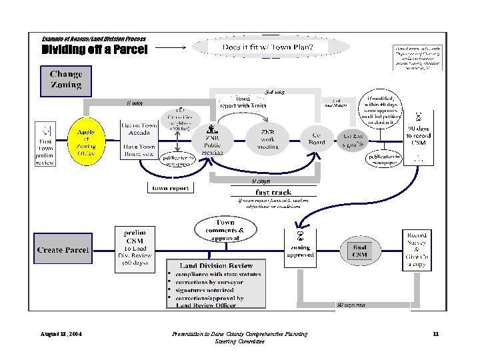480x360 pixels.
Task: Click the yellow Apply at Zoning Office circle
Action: point(86,141)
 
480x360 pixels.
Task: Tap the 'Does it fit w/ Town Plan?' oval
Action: point(270,47)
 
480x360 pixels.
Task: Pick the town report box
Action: point(171,188)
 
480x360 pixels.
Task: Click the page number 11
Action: point(435,333)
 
